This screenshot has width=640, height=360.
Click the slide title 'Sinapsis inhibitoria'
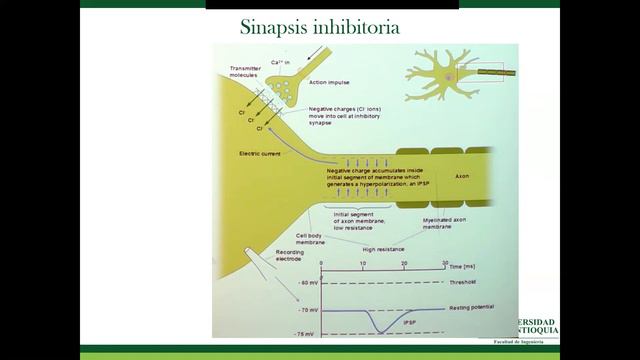coord(320,26)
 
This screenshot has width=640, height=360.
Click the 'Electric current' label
coord(263,153)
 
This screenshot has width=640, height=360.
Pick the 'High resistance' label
coord(383,248)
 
